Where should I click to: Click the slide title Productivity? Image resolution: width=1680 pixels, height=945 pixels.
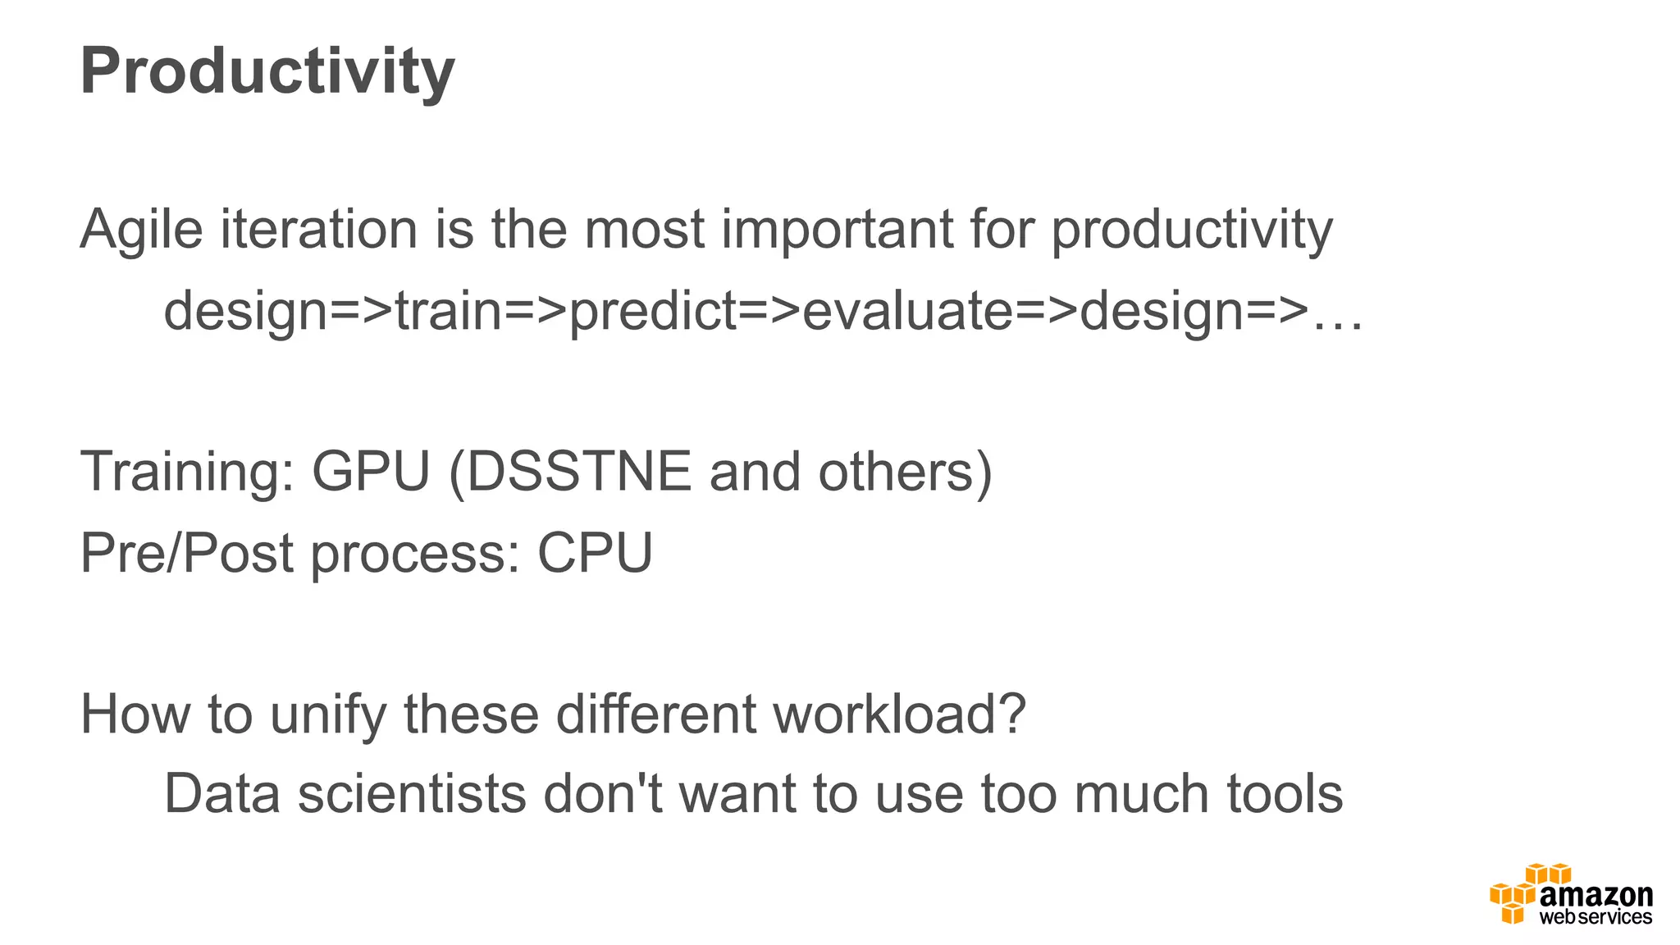pos(267,72)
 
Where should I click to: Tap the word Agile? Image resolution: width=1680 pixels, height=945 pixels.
pos(141,230)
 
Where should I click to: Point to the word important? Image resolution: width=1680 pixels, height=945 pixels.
pos(837,230)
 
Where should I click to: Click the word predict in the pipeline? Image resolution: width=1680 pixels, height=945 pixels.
pos(653,312)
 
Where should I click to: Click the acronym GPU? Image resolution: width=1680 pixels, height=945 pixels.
pos(371,472)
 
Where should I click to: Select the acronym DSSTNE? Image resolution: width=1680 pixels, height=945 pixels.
pos(579,472)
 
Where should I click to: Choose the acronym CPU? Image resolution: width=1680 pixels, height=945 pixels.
pos(595,553)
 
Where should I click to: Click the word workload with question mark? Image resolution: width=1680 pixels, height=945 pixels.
pos(900,714)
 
